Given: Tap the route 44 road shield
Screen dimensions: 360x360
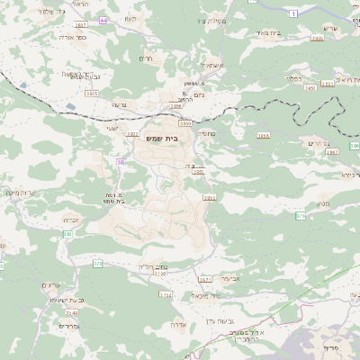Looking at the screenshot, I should pyautogui.click(x=103, y=19).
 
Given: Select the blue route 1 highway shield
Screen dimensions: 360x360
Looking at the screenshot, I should pyautogui.click(x=292, y=13).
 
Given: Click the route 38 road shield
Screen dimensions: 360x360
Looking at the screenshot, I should pyautogui.click(x=120, y=162).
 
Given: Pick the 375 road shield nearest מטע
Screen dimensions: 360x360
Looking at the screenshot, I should pyautogui.click(x=300, y=215).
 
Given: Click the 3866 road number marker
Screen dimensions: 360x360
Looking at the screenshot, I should pyautogui.click(x=317, y=39).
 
